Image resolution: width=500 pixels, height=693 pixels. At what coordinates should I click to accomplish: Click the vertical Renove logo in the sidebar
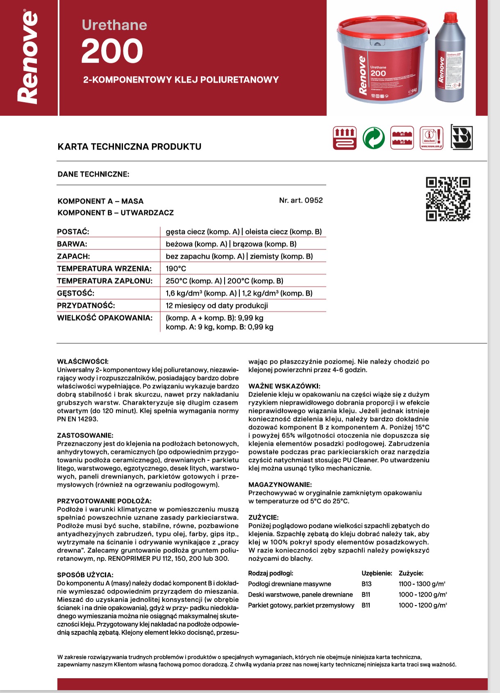point(28,57)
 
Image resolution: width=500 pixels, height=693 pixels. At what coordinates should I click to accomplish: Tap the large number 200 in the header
point(112,51)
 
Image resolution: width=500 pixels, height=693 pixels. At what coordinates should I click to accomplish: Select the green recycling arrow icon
point(373,138)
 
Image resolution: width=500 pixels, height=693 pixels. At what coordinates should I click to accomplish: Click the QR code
point(448,199)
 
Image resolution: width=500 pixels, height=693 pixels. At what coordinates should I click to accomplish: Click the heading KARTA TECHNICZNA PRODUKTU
point(130,146)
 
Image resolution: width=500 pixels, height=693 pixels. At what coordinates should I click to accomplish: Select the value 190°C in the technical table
point(176,269)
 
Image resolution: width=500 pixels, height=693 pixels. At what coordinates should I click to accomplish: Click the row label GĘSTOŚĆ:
point(76,293)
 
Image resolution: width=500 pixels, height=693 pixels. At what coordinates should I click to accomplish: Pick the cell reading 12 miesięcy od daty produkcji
point(217,306)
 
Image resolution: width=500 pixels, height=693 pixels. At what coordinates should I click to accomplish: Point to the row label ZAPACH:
point(73,256)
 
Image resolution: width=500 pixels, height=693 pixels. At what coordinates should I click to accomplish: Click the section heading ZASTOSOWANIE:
point(85,435)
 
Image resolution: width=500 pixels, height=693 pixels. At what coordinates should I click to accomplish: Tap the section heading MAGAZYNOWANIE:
point(280,485)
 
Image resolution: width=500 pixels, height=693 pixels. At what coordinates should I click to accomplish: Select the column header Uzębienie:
point(377,573)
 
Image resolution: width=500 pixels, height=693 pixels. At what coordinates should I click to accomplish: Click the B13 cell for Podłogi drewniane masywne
point(366,584)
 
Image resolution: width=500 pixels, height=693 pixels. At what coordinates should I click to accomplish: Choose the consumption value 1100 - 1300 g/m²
point(422,584)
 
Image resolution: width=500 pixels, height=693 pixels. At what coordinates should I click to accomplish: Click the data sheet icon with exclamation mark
point(432,138)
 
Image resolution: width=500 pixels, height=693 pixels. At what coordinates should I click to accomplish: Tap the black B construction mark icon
point(461,137)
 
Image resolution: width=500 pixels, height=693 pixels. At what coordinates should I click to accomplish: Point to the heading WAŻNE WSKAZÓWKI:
point(284,386)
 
